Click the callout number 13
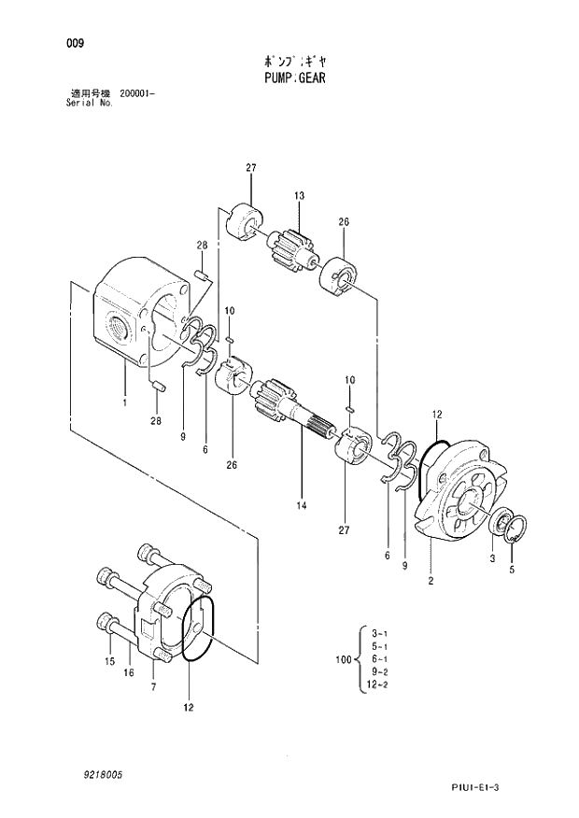300,196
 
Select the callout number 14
302,507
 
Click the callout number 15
109,661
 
